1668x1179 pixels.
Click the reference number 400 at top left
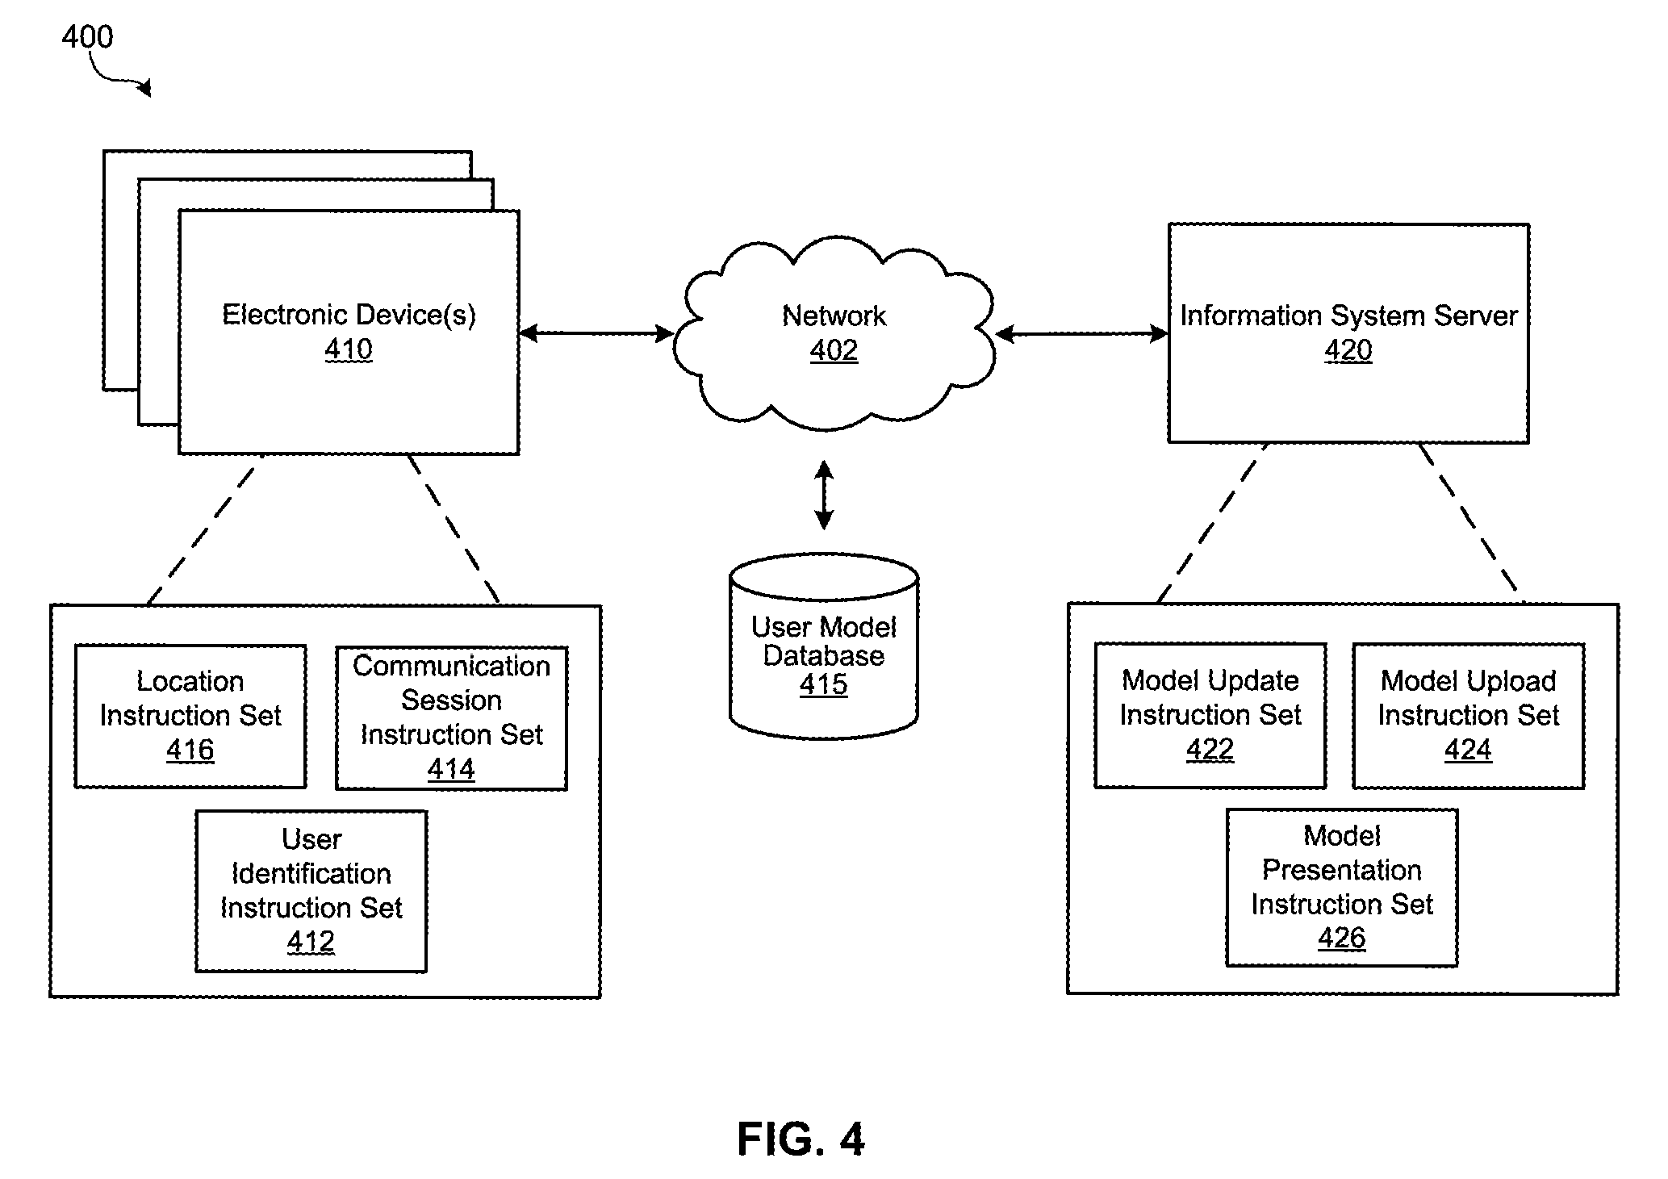[x=87, y=37]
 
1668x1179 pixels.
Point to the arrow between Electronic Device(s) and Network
[x=596, y=332]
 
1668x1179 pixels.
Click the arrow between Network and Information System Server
[x=1082, y=333]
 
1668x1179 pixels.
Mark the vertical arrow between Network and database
[x=824, y=495]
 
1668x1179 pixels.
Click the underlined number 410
[x=349, y=349]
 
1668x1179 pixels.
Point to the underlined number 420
[x=1348, y=350]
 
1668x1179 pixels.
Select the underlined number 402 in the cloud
[x=834, y=350]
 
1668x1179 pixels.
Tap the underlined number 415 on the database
[x=824, y=684]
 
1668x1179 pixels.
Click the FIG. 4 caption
[x=801, y=1139]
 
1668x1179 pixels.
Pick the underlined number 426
[x=1342, y=938]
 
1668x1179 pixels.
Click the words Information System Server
[x=1348, y=316]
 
